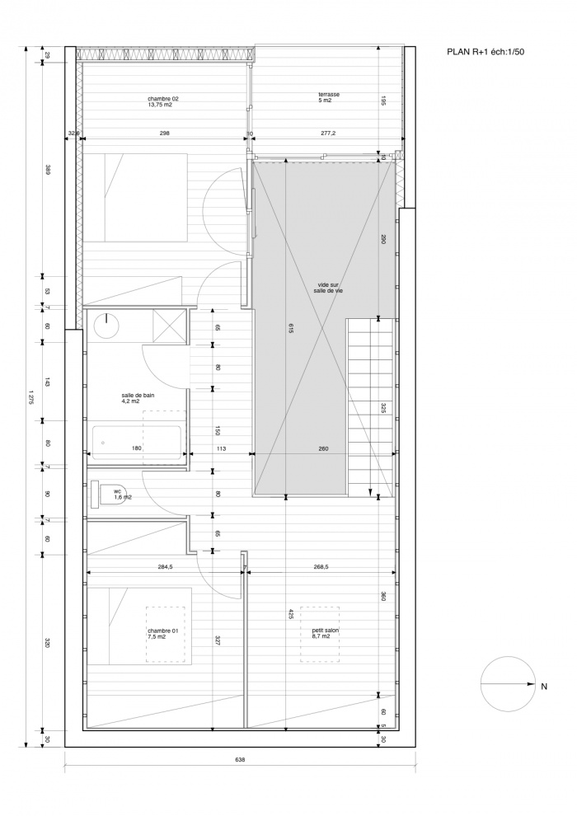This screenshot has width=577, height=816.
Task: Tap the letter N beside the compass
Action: coord(544,687)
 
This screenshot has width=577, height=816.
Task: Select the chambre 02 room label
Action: coord(160,101)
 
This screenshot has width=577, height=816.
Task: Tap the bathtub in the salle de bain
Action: coord(136,443)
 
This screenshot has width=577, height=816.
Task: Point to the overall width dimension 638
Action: coord(240,759)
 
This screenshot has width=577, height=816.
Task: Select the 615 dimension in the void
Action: coord(290,328)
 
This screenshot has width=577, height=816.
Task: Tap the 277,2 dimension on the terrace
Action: coord(328,134)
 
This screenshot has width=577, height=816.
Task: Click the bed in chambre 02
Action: coord(135,198)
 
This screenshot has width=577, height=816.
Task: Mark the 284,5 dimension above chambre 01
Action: coord(165,567)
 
